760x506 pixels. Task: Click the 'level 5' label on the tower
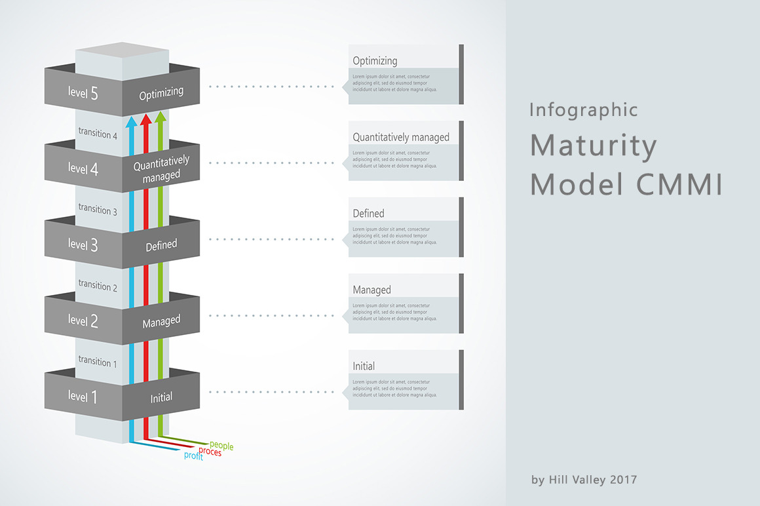click(x=83, y=93)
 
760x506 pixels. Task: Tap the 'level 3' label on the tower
click(x=83, y=245)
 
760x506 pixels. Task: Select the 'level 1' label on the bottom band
click(x=83, y=397)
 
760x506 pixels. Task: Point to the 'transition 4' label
click(x=98, y=133)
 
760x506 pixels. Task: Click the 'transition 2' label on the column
click(x=98, y=286)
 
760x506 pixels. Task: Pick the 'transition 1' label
click(x=98, y=361)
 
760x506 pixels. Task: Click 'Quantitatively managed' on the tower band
click(x=161, y=168)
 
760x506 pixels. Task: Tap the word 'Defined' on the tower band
click(x=161, y=244)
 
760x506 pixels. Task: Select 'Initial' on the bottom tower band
click(x=161, y=397)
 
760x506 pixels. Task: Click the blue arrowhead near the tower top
click(x=131, y=121)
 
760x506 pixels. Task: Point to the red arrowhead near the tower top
click(x=146, y=118)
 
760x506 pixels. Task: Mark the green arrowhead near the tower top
click(x=161, y=116)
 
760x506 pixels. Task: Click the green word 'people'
click(x=221, y=446)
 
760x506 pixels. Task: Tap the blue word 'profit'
click(x=193, y=456)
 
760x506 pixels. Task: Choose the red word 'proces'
click(x=210, y=452)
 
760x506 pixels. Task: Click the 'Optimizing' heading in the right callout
click(x=375, y=61)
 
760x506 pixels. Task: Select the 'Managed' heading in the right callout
click(x=371, y=290)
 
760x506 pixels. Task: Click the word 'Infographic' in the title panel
click(x=583, y=110)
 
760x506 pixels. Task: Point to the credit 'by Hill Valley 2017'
click(x=584, y=480)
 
